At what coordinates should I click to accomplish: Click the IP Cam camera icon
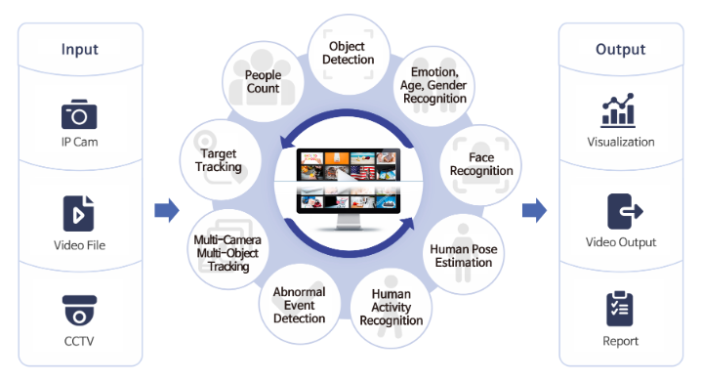(x=79, y=114)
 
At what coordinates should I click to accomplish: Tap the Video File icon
(x=79, y=213)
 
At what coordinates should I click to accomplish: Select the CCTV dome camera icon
(x=79, y=311)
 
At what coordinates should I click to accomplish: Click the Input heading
(x=80, y=49)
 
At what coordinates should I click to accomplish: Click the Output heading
(x=621, y=49)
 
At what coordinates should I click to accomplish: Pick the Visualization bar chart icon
(x=618, y=110)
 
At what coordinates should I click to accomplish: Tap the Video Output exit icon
(x=625, y=211)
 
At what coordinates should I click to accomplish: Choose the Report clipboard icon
(x=620, y=309)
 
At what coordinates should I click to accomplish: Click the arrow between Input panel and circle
(x=167, y=210)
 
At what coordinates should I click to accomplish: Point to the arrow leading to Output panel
(x=534, y=210)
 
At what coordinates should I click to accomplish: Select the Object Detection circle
(x=349, y=54)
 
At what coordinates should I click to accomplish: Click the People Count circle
(x=264, y=82)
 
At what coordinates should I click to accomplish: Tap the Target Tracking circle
(x=221, y=160)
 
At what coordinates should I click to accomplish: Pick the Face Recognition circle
(x=480, y=165)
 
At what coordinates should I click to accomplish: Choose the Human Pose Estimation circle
(x=464, y=255)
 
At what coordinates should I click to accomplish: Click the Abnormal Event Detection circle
(x=300, y=304)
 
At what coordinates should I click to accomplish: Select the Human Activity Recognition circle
(x=392, y=308)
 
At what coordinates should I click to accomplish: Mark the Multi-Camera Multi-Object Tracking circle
(x=228, y=249)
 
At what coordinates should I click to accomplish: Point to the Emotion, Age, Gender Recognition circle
(x=433, y=86)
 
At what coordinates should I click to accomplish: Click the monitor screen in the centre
(x=349, y=181)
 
